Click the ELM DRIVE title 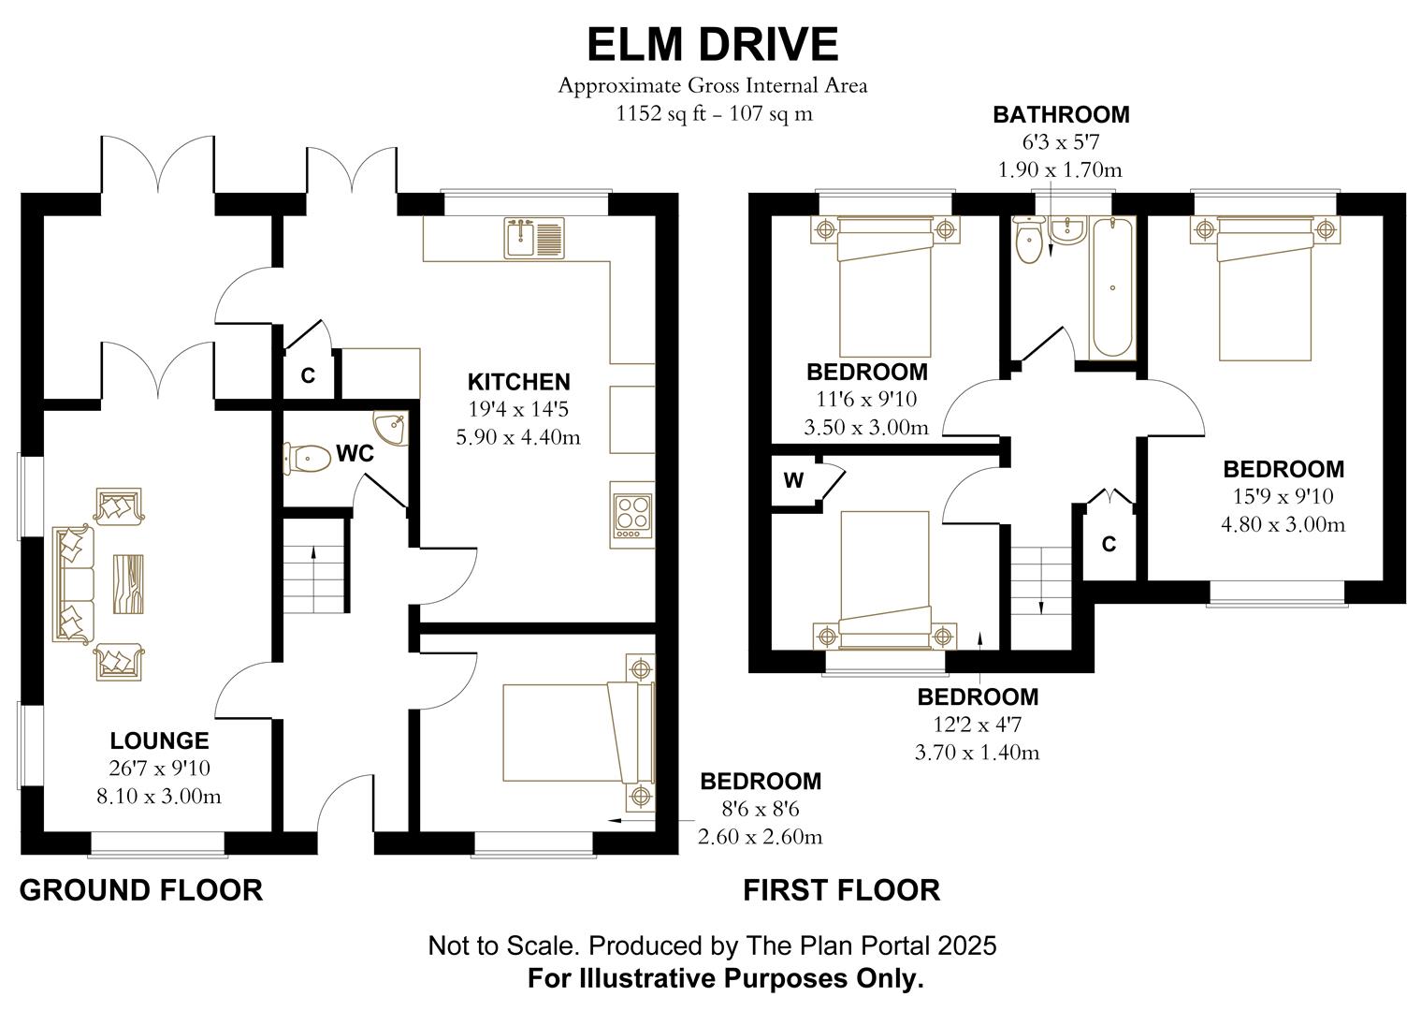[712, 44]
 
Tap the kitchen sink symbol [534, 237]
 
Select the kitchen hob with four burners [631, 514]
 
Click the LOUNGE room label [159, 740]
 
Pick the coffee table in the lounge [128, 584]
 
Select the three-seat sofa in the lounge [73, 584]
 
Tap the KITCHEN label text [518, 382]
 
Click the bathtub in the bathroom [1112, 286]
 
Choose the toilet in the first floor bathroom [1029, 241]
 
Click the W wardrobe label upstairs [793, 481]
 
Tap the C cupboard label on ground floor [308, 376]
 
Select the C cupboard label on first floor [1109, 544]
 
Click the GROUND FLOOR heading [141, 889]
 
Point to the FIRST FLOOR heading [841, 889]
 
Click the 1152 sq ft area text [712, 114]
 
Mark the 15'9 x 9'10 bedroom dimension [1283, 496]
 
